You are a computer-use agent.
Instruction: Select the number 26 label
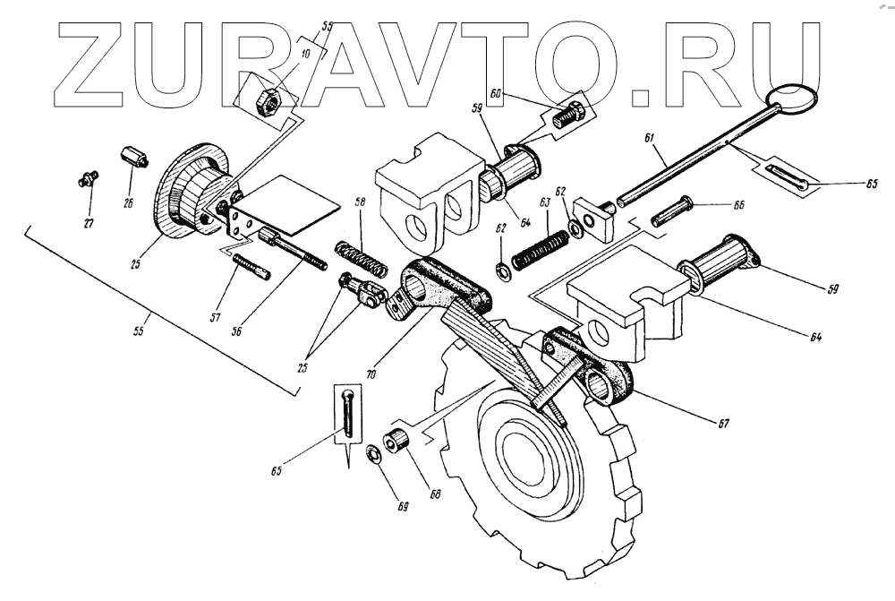128,203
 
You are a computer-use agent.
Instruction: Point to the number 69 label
404,507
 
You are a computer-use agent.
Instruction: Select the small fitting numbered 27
85,178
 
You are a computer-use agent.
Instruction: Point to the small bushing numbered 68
396,442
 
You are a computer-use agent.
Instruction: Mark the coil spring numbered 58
362,256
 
